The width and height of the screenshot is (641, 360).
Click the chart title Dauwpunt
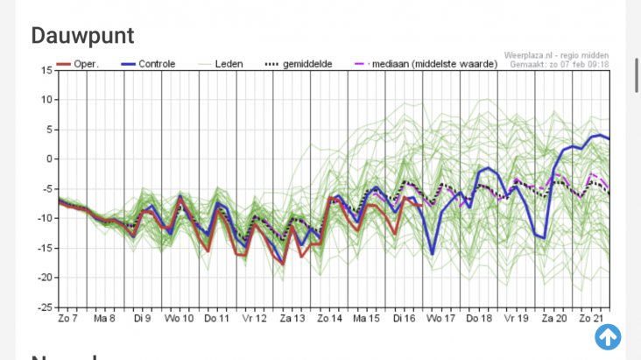[x=82, y=35]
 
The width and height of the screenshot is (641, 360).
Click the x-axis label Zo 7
[x=68, y=318]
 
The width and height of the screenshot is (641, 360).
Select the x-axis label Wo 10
[x=180, y=318]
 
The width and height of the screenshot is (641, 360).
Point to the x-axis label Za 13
[x=292, y=318]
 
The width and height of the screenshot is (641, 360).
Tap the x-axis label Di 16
[x=405, y=318]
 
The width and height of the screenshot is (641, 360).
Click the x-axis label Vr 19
[x=517, y=318]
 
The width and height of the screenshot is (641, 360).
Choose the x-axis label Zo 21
[x=592, y=318]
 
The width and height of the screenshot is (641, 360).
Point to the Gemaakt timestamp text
[x=562, y=64]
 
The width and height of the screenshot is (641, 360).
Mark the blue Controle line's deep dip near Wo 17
[x=433, y=253]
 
